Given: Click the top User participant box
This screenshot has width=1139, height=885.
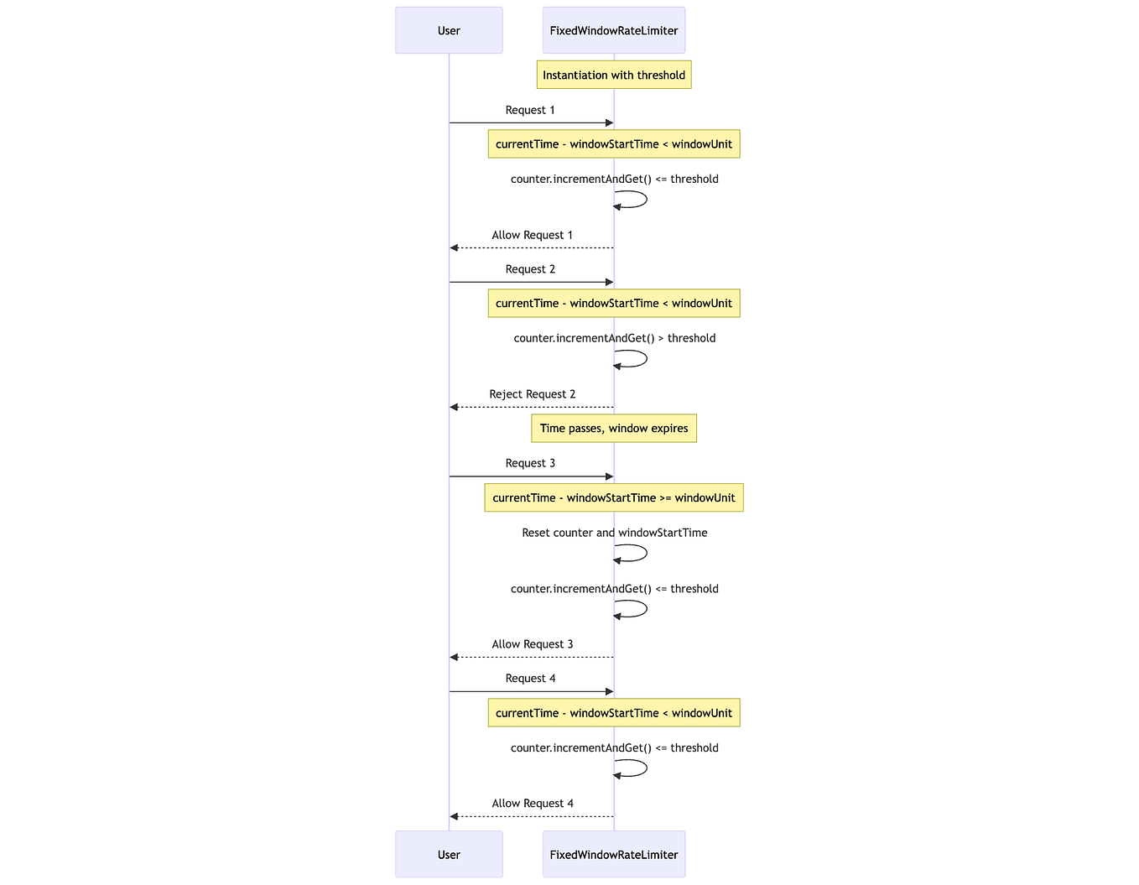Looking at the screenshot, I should point(449,31).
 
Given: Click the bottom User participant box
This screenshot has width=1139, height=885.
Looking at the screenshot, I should point(449,854).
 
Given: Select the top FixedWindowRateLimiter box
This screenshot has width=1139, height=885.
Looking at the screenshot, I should point(613,31).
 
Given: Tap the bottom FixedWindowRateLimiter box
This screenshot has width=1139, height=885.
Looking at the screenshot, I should point(613,854).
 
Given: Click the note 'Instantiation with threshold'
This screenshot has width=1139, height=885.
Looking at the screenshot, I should point(613,75).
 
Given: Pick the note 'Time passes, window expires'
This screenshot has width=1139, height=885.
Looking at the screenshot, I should point(613,429).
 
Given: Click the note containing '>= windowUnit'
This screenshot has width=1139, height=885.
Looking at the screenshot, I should point(613,498).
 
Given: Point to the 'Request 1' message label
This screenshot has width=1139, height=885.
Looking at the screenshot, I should point(530,110).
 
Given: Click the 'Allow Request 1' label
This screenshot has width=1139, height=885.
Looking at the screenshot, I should point(532,235).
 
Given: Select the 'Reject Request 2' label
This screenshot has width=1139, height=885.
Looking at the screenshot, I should point(532,394).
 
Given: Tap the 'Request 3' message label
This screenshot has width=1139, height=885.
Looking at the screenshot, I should point(530,463).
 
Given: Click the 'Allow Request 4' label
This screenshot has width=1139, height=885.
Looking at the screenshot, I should point(532,804).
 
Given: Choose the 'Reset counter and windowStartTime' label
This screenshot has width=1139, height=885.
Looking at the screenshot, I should point(614,533).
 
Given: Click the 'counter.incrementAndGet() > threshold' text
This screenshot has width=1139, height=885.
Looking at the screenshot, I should point(614,338).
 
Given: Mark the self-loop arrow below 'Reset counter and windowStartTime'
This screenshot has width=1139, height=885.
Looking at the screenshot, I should point(642,553).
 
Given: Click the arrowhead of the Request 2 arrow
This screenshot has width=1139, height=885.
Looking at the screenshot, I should point(610,282).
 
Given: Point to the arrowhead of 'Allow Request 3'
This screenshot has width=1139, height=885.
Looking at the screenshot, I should point(454,658).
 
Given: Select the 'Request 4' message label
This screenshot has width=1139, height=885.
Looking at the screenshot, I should point(530,679).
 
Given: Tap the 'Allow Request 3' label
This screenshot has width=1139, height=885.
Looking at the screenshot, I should point(532,644).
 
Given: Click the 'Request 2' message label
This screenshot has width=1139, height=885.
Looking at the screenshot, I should point(530,269).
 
